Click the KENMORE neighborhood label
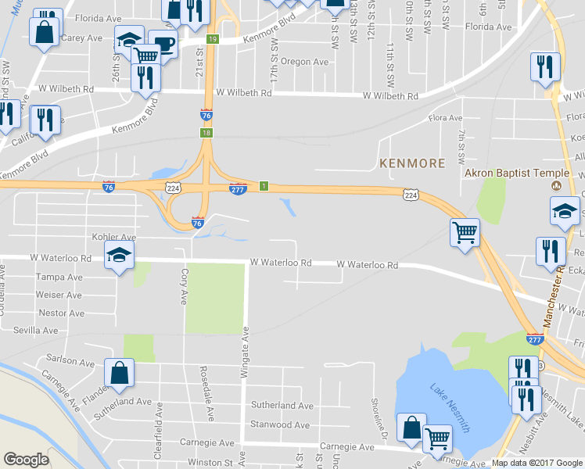point(411,163)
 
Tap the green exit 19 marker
point(213,39)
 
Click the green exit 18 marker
point(206,133)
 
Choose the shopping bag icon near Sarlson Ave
point(119,373)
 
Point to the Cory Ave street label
point(185,286)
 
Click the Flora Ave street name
point(446,119)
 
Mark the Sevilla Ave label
point(35,331)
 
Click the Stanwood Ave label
point(280,425)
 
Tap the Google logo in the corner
point(26,460)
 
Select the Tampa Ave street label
point(59,277)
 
